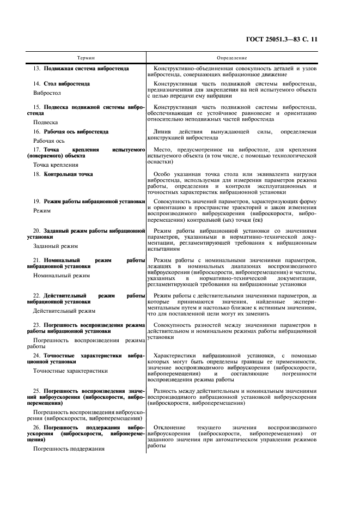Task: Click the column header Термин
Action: click(86, 58)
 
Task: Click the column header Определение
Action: click(232, 58)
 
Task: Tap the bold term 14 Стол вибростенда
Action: click(62, 84)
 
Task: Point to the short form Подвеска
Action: click(46, 123)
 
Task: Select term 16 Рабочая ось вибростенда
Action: click(71, 132)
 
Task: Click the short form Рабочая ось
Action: click(49, 141)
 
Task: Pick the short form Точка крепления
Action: click(56, 165)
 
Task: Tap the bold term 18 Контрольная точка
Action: click(63, 174)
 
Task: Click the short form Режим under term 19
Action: click(42, 210)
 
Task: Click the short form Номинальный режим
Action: click(62, 276)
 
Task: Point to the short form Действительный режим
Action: click(64, 311)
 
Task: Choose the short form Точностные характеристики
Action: click(70, 371)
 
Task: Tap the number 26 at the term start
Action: click(36, 428)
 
